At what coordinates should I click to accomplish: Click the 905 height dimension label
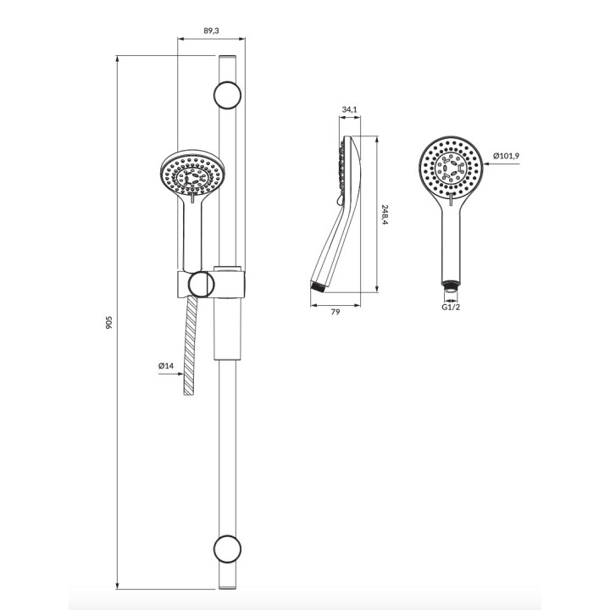click(109, 323)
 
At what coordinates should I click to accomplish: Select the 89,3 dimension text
click(211, 30)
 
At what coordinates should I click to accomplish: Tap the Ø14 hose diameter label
click(166, 366)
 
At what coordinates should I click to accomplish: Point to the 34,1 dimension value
click(349, 109)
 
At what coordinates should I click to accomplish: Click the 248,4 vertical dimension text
click(385, 215)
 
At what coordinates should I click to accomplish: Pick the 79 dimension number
click(335, 312)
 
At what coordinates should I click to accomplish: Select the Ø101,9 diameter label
click(506, 156)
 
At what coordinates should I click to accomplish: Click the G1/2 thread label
click(451, 307)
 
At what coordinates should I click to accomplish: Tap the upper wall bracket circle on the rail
click(227, 95)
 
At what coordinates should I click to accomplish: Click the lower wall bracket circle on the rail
click(227, 549)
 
